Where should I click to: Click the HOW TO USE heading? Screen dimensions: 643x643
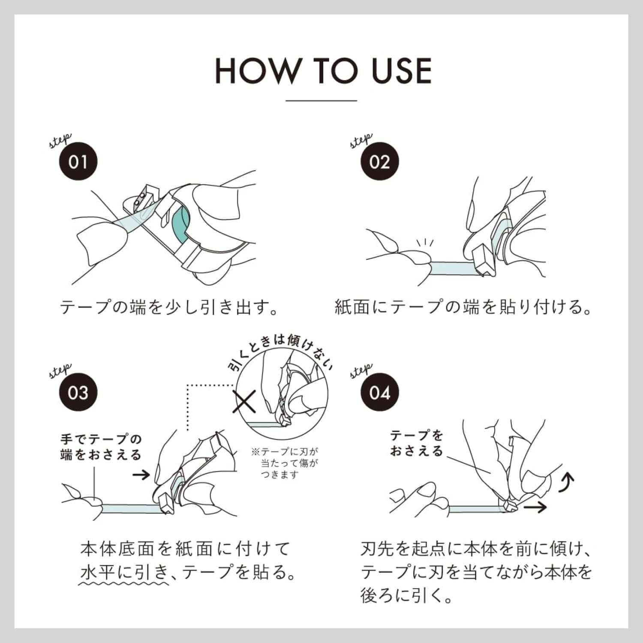coord(323,71)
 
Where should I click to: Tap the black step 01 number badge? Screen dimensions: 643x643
coord(78,162)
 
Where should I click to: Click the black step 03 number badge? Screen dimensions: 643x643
coord(78,392)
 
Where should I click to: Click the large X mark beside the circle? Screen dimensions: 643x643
coord(244,401)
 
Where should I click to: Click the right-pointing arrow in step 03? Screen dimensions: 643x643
coord(141,475)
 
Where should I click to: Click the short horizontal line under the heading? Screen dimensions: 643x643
coord(321,101)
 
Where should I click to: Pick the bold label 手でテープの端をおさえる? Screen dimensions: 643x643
coord(101,447)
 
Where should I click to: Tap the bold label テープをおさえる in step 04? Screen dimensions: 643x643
coord(417,443)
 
